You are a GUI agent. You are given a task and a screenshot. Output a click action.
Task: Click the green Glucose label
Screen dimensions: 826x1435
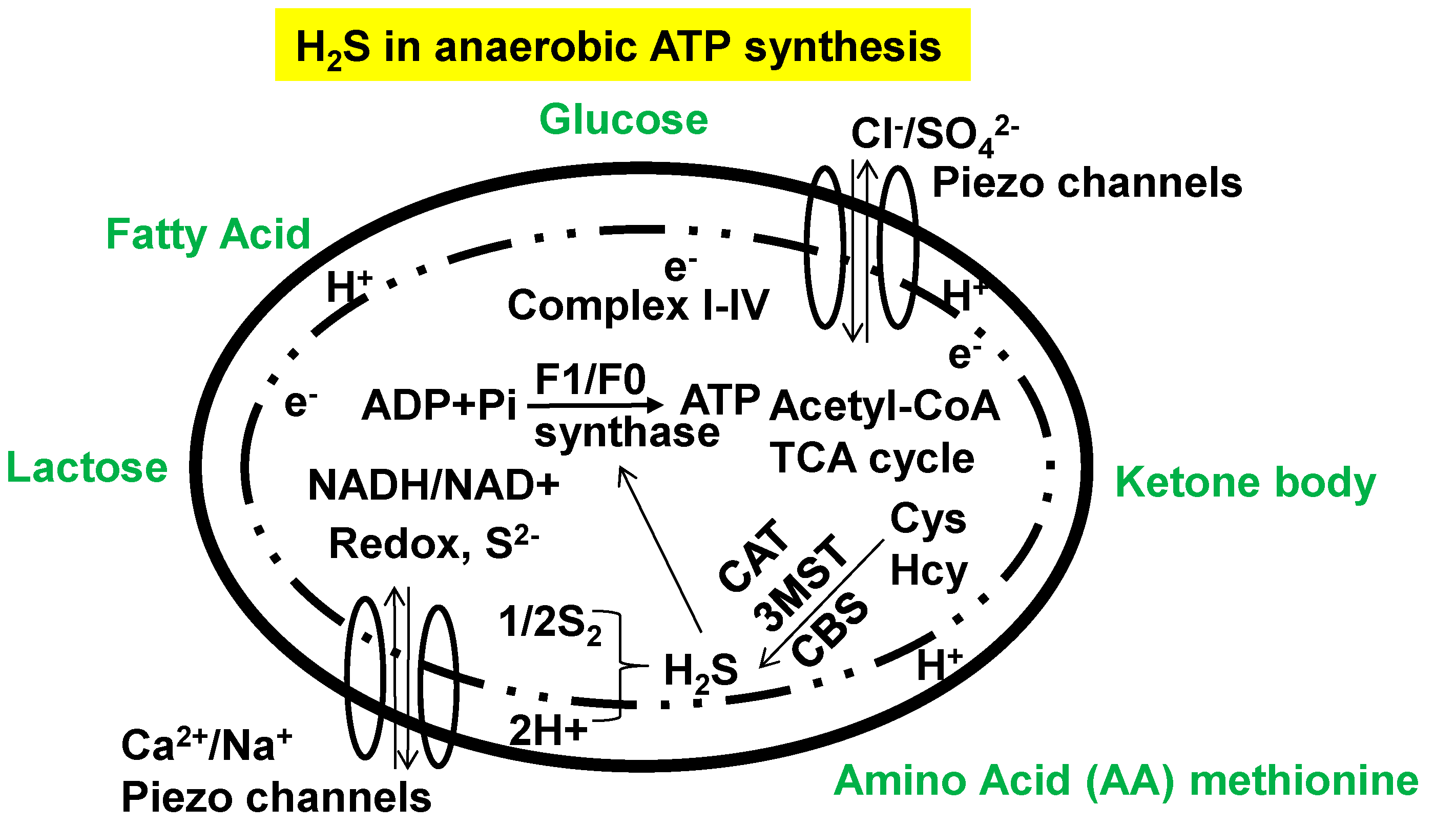[623, 120]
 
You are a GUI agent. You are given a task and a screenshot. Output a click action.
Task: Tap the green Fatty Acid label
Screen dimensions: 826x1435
[208, 234]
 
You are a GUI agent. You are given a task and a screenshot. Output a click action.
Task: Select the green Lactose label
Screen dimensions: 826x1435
[87, 468]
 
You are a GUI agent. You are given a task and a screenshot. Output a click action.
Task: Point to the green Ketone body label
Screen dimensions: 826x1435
[1245, 483]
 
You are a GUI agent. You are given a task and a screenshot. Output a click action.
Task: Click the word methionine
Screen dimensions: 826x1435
[1304, 781]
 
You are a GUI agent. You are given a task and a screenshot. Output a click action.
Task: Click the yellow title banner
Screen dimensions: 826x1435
[622, 45]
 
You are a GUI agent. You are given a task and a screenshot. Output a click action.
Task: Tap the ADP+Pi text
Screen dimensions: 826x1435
[439, 406]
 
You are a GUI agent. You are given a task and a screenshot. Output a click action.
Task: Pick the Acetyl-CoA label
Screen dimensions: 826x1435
[884, 406]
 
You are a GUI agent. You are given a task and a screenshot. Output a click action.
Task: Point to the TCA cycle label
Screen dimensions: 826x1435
[871, 459]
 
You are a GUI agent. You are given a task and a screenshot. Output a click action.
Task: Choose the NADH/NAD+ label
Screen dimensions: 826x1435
[433, 486]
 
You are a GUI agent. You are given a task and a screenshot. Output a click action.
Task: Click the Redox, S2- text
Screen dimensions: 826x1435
[433, 544]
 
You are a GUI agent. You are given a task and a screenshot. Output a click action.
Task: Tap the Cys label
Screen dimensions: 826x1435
[928, 519]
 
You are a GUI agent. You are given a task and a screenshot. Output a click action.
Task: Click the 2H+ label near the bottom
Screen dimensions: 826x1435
[547, 730]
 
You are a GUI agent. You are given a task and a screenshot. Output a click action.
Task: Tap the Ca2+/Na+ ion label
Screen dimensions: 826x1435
[206, 745]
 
